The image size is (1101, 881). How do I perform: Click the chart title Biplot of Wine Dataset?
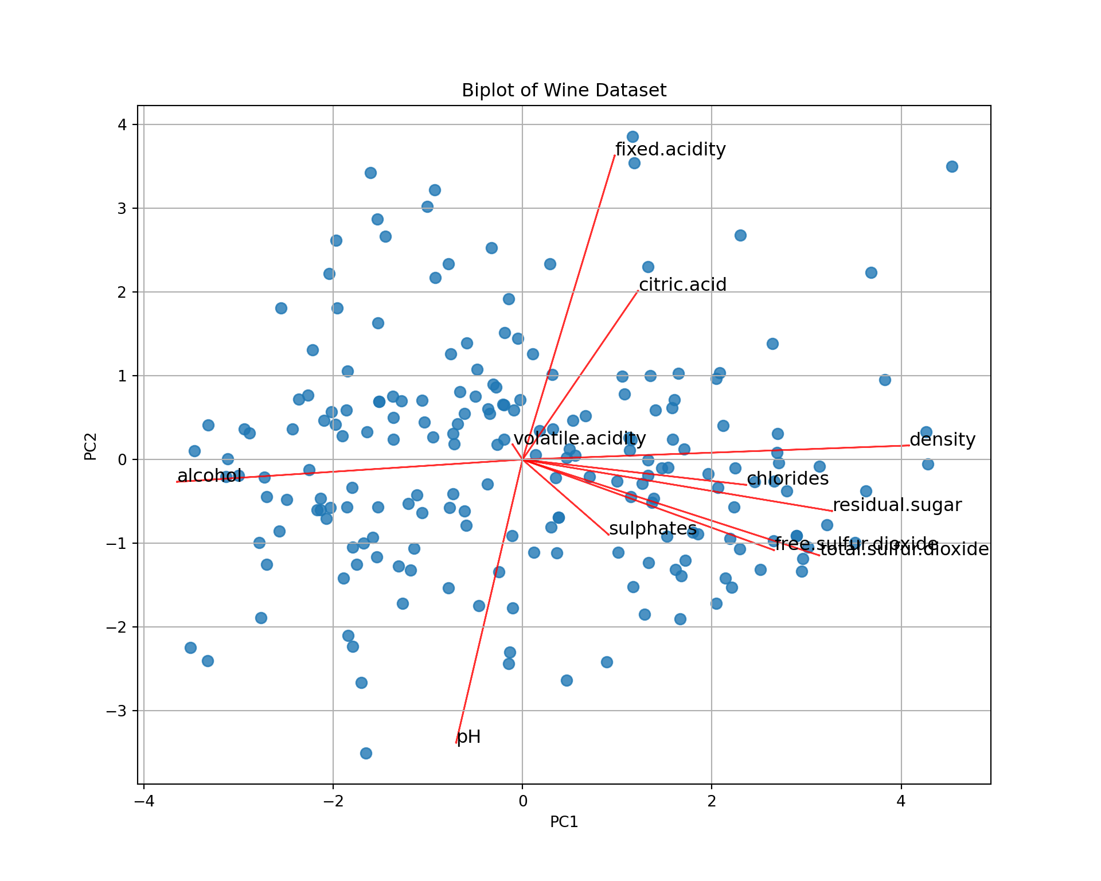point(564,91)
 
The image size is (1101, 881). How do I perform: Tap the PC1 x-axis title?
point(564,822)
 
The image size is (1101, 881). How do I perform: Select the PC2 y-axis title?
point(91,446)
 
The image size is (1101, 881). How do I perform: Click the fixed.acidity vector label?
point(670,150)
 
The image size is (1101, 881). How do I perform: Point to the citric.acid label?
point(682,285)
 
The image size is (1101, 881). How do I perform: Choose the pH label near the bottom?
point(468,737)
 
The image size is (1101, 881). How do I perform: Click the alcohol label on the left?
point(209,476)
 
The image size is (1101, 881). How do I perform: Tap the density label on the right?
point(942,440)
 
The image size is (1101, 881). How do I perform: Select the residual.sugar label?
point(897,505)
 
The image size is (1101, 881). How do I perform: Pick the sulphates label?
point(653,529)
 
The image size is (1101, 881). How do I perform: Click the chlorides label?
point(787,479)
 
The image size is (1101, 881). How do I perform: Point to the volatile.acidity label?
point(579,439)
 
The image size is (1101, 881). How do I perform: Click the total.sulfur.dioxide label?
point(904,549)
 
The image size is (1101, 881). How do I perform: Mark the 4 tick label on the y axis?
point(123,124)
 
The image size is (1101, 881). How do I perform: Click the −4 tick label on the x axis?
point(143,800)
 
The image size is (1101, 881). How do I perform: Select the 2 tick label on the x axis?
point(712,800)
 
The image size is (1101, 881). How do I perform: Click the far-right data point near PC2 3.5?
point(952,167)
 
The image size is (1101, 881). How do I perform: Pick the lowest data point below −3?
point(366,753)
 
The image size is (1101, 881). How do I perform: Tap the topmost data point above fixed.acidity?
point(633,137)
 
